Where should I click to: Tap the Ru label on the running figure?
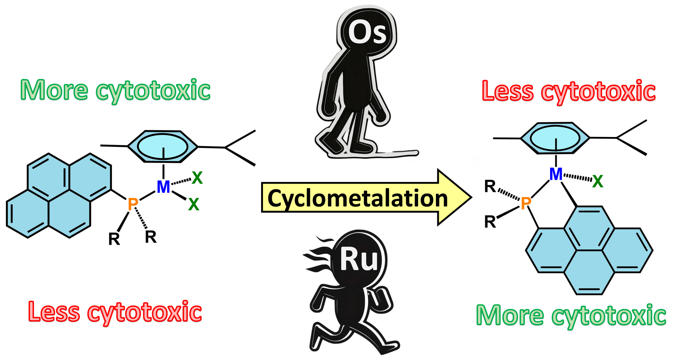(x=358, y=260)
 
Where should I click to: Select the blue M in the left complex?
(x=163, y=187)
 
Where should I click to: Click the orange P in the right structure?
(x=526, y=203)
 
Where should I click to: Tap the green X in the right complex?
(x=597, y=182)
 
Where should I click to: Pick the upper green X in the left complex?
(x=197, y=178)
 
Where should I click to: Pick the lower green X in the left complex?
(x=193, y=204)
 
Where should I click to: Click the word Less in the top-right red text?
(x=507, y=91)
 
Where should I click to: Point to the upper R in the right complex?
(x=490, y=186)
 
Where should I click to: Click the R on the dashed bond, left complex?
(x=151, y=237)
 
